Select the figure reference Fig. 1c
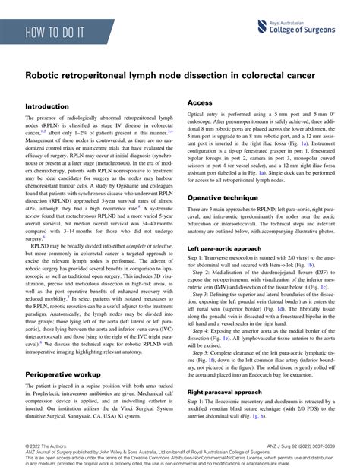click(323, 289)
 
